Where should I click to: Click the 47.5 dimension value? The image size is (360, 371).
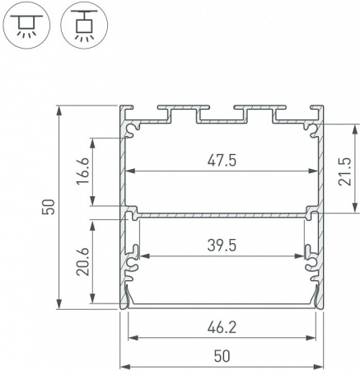(221, 162)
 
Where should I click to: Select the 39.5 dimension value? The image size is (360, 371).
(221, 245)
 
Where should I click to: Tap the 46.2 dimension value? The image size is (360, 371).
(221, 327)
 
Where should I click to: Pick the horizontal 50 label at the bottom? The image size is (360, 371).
(221, 356)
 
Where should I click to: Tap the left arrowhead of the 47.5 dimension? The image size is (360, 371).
(129, 172)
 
